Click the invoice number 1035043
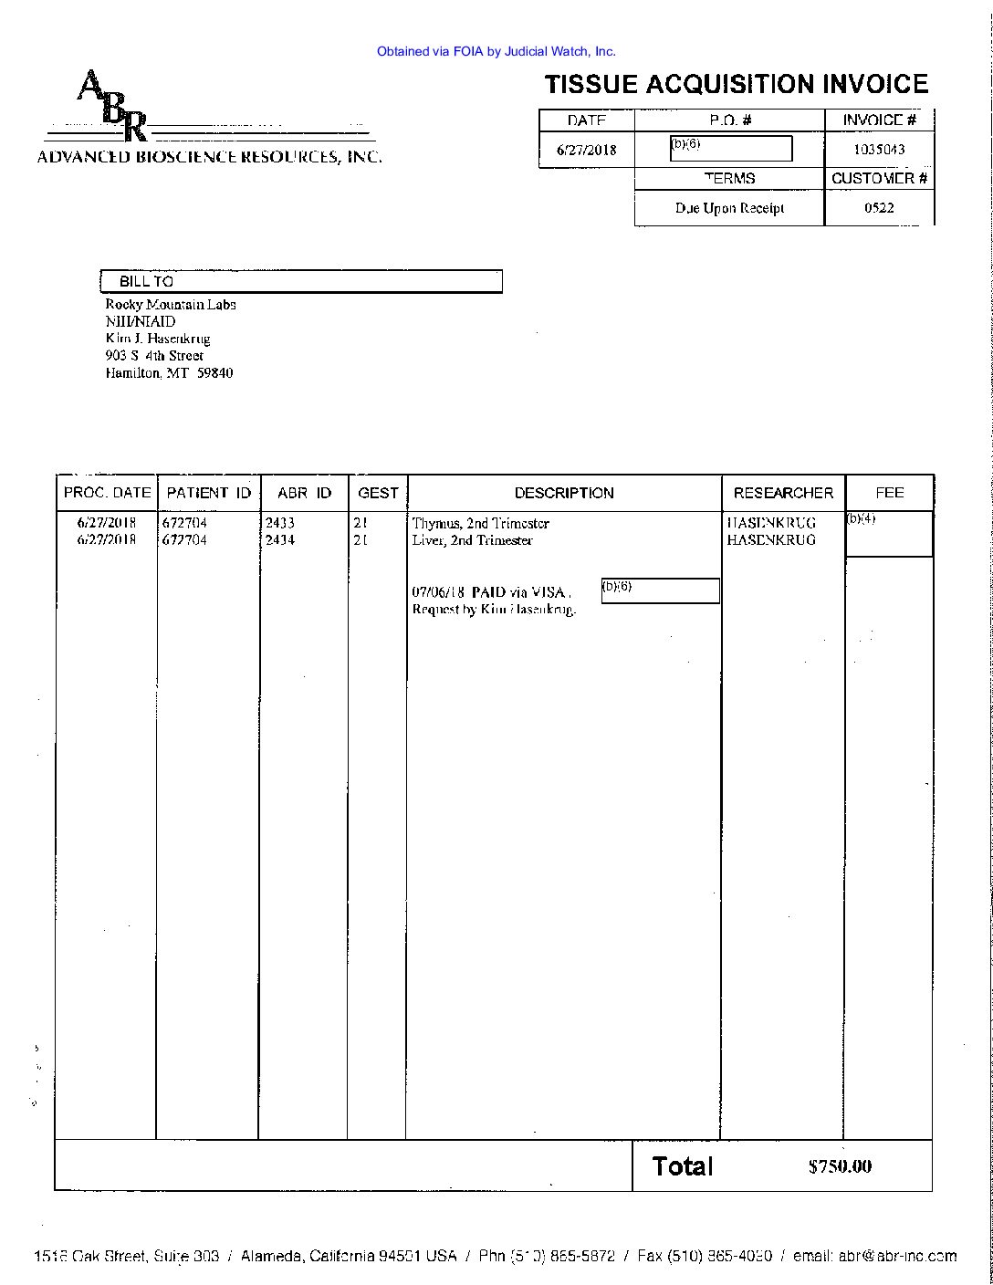coord(879,150)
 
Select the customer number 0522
coord(879,208)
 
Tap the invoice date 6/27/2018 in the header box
coord(587,151)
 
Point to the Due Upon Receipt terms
coord(729,208)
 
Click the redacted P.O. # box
coord(730,148)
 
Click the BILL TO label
coord(146,282)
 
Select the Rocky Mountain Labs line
coord(171,305)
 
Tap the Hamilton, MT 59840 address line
coord(169,373)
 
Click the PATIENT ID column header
coord(208,493)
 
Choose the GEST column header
coord(378,493)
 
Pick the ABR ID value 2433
coord(279,524)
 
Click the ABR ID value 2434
coord(279,540)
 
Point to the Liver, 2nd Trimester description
coord(472,540)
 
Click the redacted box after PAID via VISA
coord(660,590)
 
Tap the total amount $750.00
coord(840,1166)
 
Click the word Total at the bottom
coord(683,1165)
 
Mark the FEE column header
coord(889,493)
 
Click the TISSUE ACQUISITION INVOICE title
coord(736,85)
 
